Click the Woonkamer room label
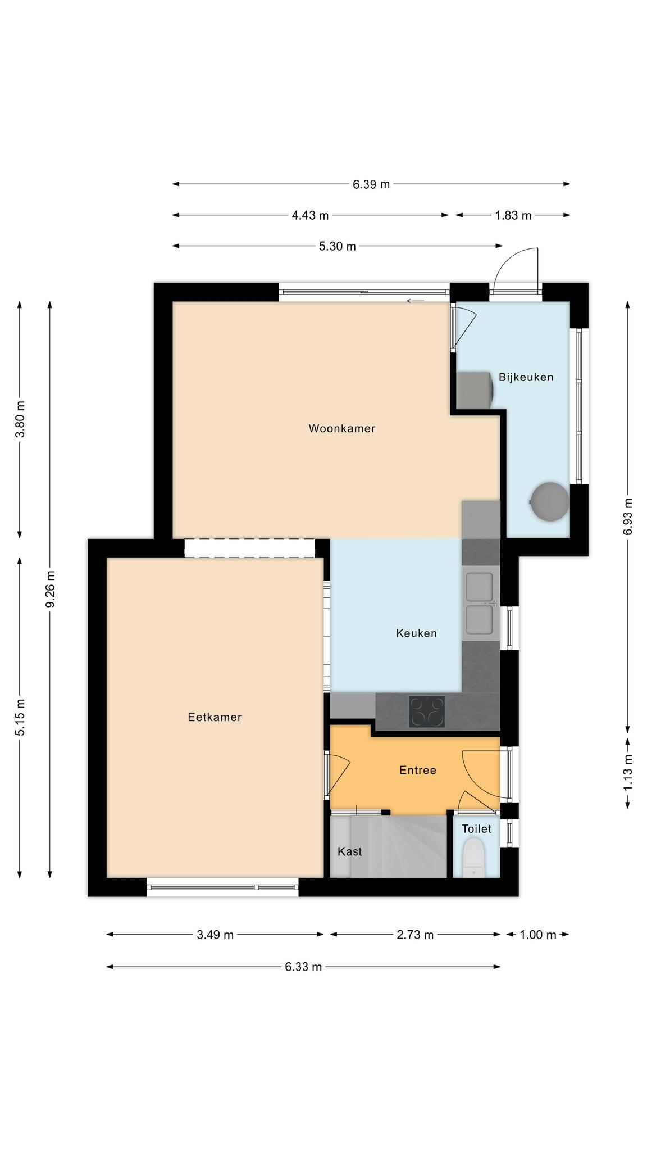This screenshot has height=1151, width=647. (341, 428)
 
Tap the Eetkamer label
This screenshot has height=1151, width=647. (215, 717)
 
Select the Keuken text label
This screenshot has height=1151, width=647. (416, 633)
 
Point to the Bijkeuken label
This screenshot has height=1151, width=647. (526, 377)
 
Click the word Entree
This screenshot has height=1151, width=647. (418, 770)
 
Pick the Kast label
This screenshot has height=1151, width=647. (350, 851)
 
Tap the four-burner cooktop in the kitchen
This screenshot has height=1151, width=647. (427, 712)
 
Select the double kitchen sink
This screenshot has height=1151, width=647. (480, 604)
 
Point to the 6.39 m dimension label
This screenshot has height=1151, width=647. (371, 184)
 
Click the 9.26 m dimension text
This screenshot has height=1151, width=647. (51, 589)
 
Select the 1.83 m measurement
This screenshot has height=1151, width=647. (513, 215)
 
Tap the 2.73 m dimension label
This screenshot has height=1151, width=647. (415, 935)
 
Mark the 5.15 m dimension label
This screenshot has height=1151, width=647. (20, 717)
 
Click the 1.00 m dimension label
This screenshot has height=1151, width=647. (538, 935)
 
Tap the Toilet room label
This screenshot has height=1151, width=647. (477, 828)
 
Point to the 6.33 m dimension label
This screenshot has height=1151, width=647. (303, 967)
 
